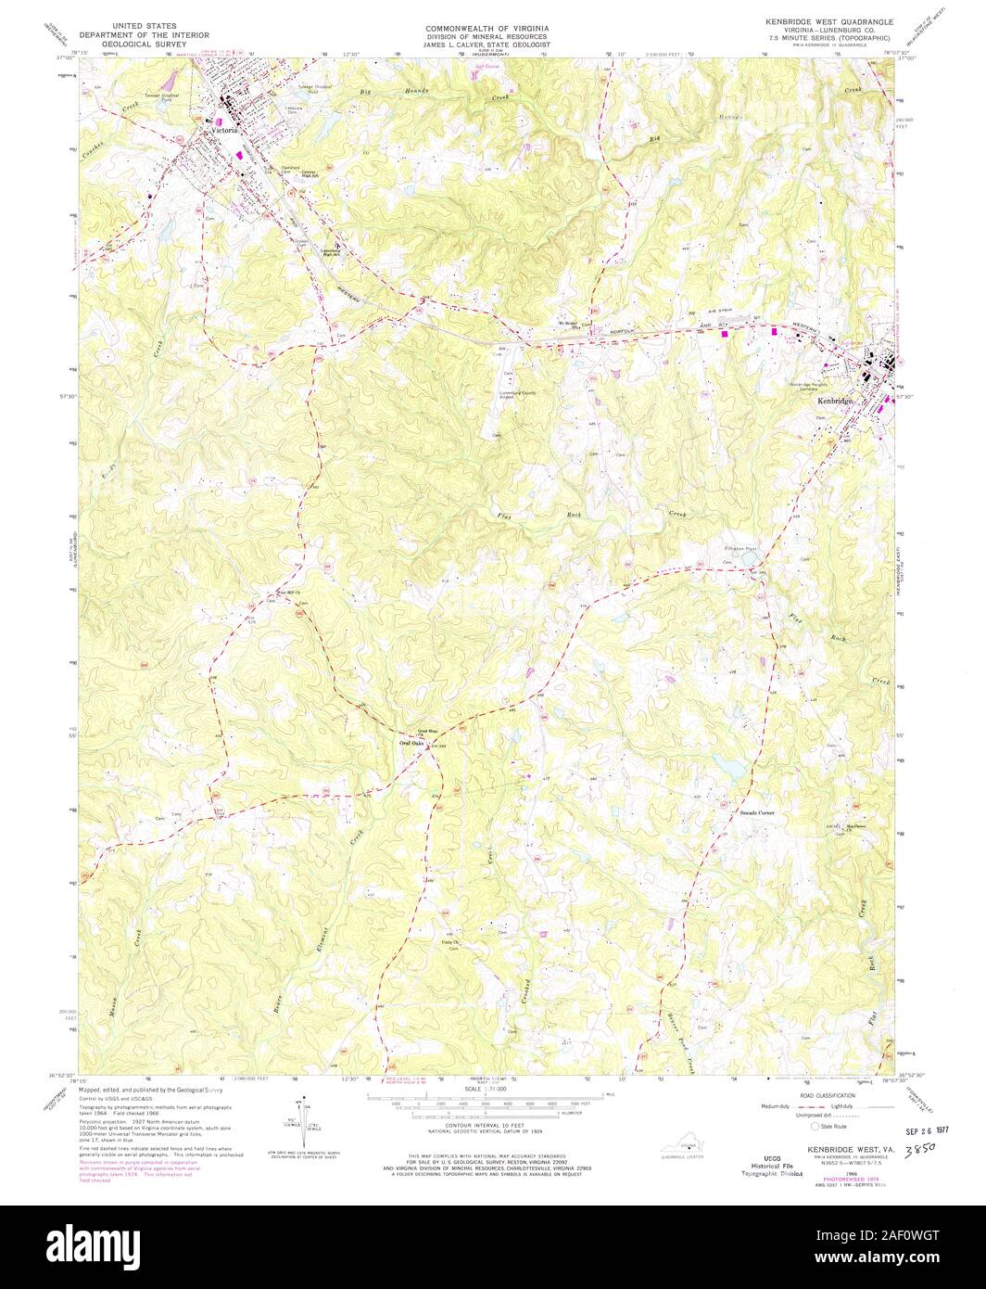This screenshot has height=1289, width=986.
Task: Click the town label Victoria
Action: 225,131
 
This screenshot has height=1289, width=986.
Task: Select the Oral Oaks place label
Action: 415,744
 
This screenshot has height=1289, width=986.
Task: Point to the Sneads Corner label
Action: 755,812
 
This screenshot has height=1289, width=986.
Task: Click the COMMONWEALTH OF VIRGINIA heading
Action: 487,29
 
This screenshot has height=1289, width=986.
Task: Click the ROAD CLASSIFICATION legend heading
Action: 819,1095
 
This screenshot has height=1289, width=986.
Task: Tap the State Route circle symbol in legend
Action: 815,1126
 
